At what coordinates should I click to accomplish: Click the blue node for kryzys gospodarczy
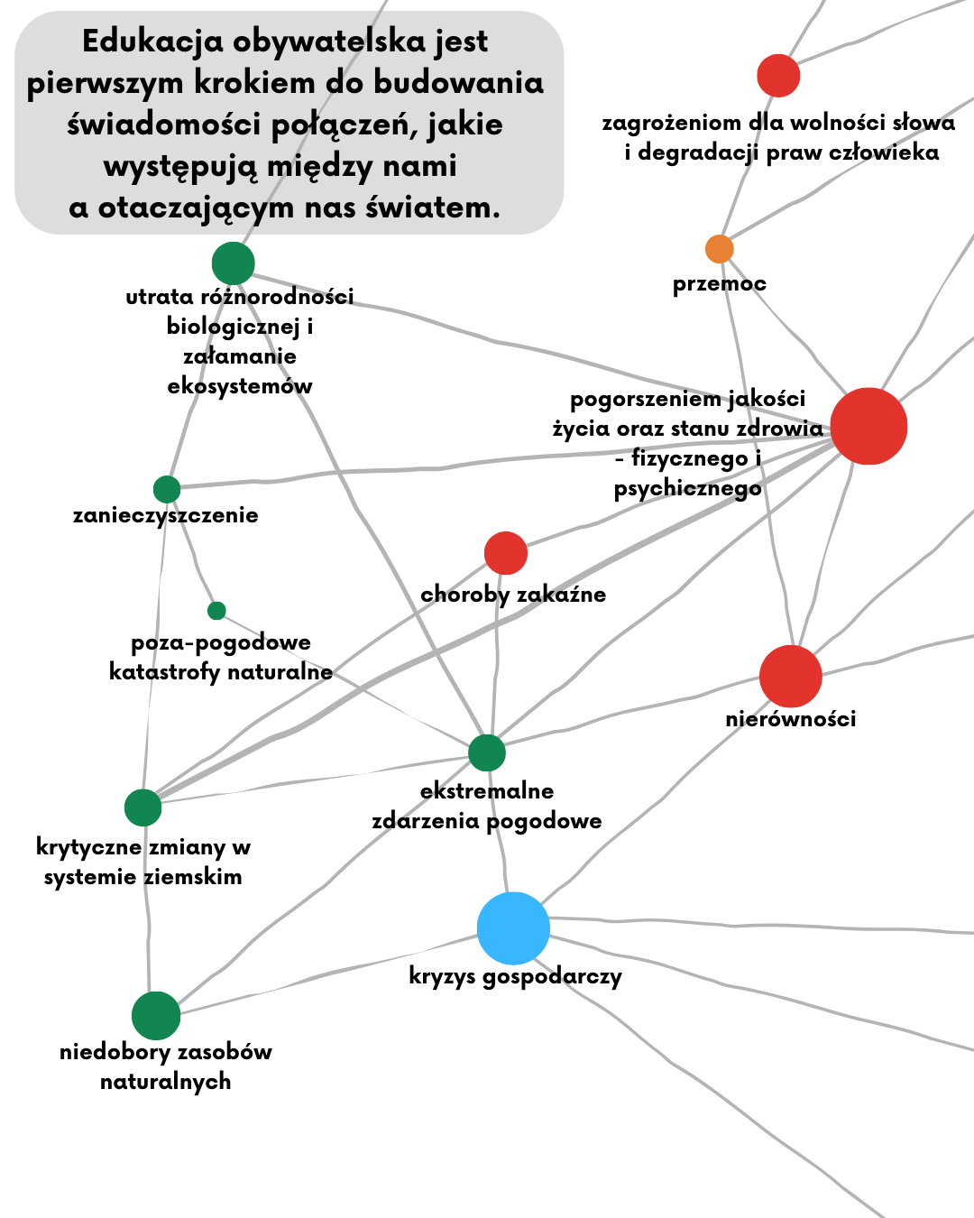(513, 928)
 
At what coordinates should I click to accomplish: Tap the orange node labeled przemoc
(719, 248)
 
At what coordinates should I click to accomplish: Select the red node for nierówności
(791, 676)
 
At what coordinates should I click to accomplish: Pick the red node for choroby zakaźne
(506, 553)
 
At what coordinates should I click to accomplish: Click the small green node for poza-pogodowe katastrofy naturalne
(216, 611)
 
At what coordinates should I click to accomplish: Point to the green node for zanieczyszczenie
(167, 489)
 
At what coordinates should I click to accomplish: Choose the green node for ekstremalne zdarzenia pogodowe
(487, 752)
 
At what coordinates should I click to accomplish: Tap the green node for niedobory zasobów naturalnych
(156, 1016)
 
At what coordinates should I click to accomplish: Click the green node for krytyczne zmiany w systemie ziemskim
(142, 807)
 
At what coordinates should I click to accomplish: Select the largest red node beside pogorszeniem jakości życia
(868, 426)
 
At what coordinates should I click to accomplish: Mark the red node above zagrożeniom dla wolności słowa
(778, 75)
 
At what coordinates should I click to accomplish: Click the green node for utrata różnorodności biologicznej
(234, 263)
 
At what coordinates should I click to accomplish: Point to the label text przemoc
(719, 284)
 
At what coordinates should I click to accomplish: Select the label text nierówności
(791, 719)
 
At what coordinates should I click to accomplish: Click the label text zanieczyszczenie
(166, 515)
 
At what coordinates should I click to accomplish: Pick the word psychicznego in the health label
(687, 489)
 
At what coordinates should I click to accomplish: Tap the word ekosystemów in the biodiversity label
(240, 386)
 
